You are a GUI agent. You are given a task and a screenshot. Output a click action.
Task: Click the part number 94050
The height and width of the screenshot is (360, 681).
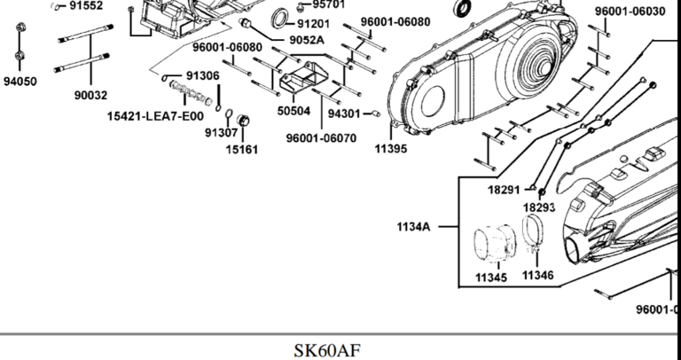click(20, 81)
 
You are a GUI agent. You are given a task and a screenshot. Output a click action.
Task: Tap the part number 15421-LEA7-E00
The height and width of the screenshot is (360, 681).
click(155, 115)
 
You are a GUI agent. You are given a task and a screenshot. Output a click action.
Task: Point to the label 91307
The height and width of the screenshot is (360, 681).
click(221, 133)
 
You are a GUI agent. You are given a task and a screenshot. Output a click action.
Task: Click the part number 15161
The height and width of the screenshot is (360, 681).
click(241, 149)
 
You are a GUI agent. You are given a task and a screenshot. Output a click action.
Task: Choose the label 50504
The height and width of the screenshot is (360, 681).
click(294, 111)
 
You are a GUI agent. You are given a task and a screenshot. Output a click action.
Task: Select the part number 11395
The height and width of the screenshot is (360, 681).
click(390, 148)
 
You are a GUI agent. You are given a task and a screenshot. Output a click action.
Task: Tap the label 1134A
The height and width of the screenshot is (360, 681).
click(413, 227)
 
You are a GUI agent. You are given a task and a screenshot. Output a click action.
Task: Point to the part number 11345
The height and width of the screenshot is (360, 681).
click(490, 278)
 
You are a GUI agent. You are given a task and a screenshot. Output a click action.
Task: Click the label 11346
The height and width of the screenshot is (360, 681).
click(537, 275)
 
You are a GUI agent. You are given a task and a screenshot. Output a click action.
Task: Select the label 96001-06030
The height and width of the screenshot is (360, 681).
click(630, 11)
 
